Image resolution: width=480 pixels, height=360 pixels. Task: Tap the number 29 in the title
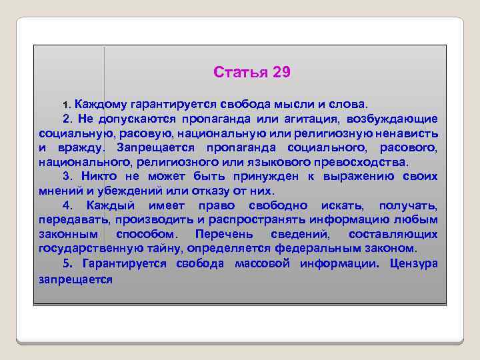tap(281, 72)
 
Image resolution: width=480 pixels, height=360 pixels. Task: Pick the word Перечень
tap(223, 234)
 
